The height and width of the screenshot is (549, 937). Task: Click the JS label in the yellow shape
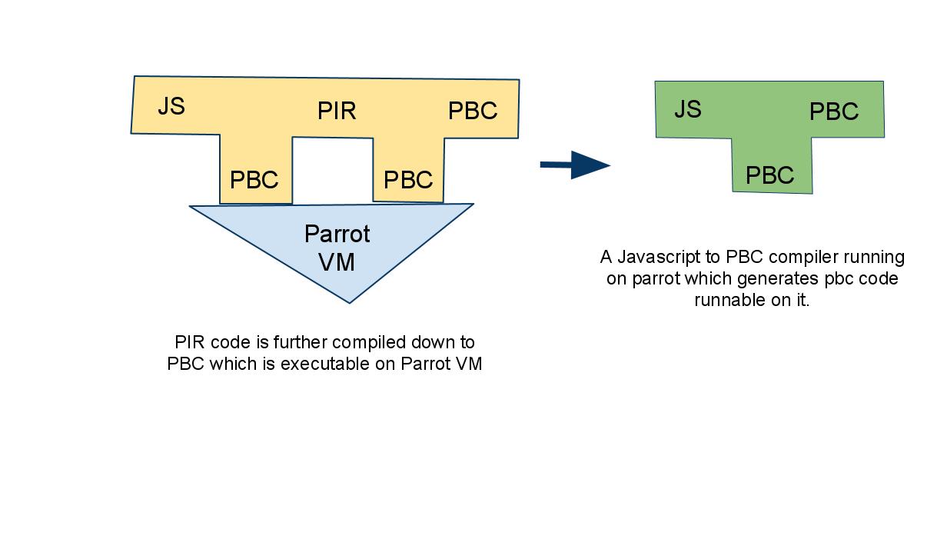(171, 106)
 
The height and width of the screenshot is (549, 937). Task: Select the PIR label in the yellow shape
(337, 111)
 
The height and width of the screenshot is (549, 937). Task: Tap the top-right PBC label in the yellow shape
(473, 111)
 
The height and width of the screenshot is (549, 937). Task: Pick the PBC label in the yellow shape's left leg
(254, 181)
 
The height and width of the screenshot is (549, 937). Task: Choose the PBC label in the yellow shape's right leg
(407, 181)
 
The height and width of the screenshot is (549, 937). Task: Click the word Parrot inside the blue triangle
(337, 234)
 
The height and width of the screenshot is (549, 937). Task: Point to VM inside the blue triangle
(337, 262)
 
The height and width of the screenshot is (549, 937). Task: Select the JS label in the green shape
(688, 110)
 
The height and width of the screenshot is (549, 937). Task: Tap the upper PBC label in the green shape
(834, 112)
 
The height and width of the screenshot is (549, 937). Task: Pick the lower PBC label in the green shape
(769, 176)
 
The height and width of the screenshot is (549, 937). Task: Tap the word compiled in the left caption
(367, 342)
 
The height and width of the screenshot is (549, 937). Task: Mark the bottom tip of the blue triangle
(350, 301)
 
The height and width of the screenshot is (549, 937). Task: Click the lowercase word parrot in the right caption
(656, 278)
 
